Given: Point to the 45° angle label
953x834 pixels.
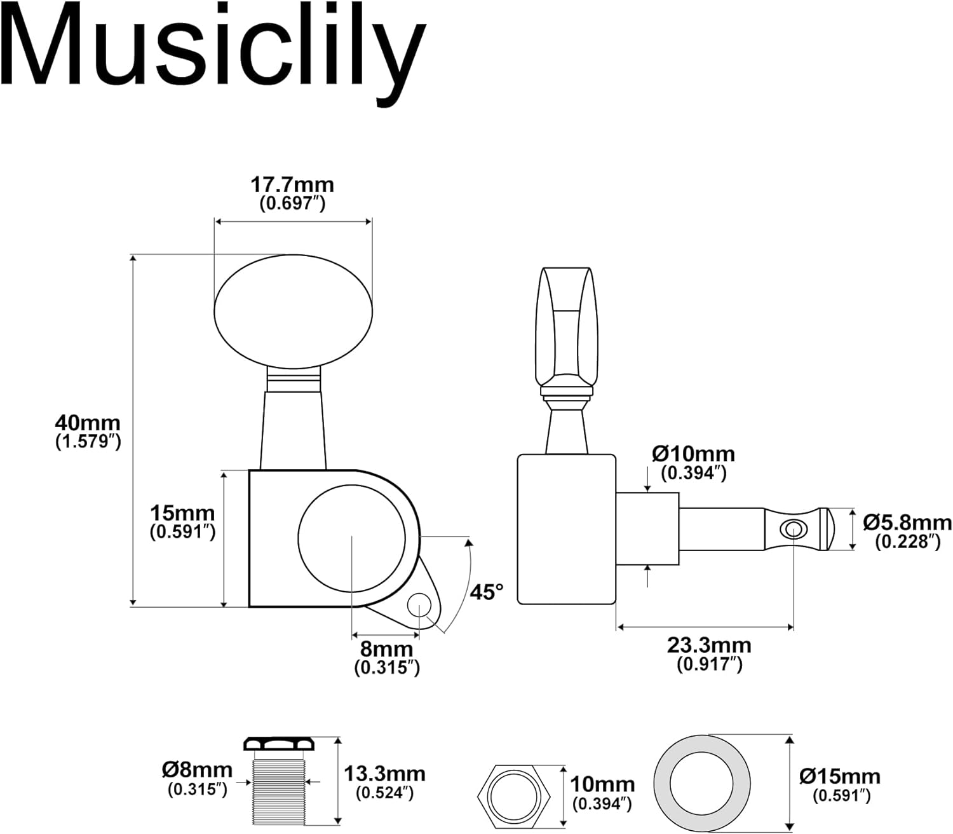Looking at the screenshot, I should pyautogui.click(x=486, y=592).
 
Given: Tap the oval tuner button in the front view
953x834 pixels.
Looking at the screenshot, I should pyautogui.click(x=293, y=311).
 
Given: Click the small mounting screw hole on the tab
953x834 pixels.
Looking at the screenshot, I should pyautogui.click(x=419, y=605).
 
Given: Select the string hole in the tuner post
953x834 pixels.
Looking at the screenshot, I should pyautogui.click(x=792, y=528).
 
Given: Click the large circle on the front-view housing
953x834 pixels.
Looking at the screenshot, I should pyautogui.click(x=351, y=538).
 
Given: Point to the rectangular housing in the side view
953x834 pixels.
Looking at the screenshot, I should pyautogui.click(x=566, y=528).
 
